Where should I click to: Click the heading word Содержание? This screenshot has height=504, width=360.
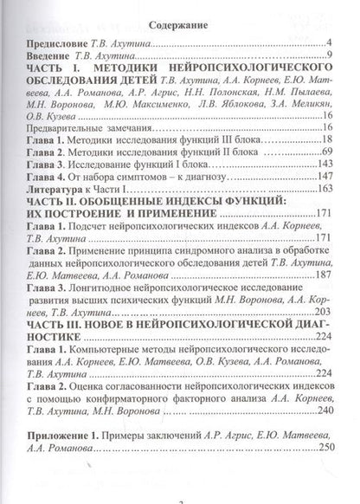[x=180, y=27]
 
